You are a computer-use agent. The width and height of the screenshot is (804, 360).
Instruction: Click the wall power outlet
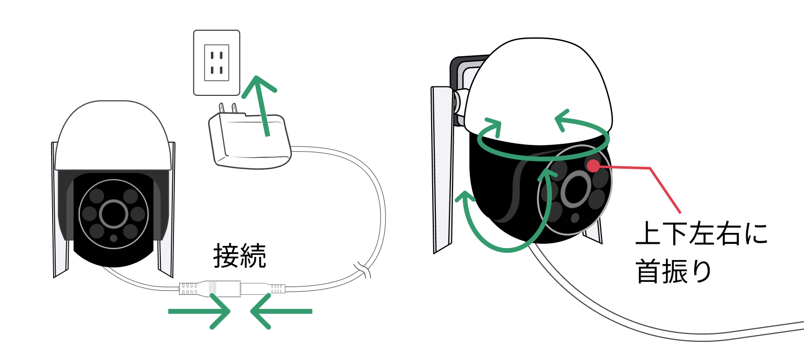coord(217,63)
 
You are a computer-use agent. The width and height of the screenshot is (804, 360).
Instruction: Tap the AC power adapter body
coord(250,141)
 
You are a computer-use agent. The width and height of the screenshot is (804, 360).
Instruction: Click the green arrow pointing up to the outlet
coord(260,106)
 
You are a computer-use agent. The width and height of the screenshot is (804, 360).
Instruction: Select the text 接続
coord(240,256)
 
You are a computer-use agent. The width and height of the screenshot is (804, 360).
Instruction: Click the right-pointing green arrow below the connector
coord(199,311)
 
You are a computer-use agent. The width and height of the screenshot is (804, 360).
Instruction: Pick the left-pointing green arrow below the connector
coord(281,311)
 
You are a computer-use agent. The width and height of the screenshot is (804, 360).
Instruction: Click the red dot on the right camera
coord(593,166)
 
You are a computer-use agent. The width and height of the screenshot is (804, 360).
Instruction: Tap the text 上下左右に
coord(702,233)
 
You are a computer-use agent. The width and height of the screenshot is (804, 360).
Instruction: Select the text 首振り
coord(673,271)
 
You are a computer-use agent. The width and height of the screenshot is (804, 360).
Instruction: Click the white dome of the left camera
coord(114,135)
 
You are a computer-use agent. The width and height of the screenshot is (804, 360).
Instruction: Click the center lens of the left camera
coord(114,214)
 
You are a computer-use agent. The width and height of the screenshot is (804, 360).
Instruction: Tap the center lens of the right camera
coord(575,189)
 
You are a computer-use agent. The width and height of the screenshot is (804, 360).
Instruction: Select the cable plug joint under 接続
coord(232,289)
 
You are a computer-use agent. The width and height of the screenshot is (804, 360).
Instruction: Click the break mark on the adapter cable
coord(362,270)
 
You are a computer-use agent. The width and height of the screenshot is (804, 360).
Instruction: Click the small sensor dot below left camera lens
coord(114,238)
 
